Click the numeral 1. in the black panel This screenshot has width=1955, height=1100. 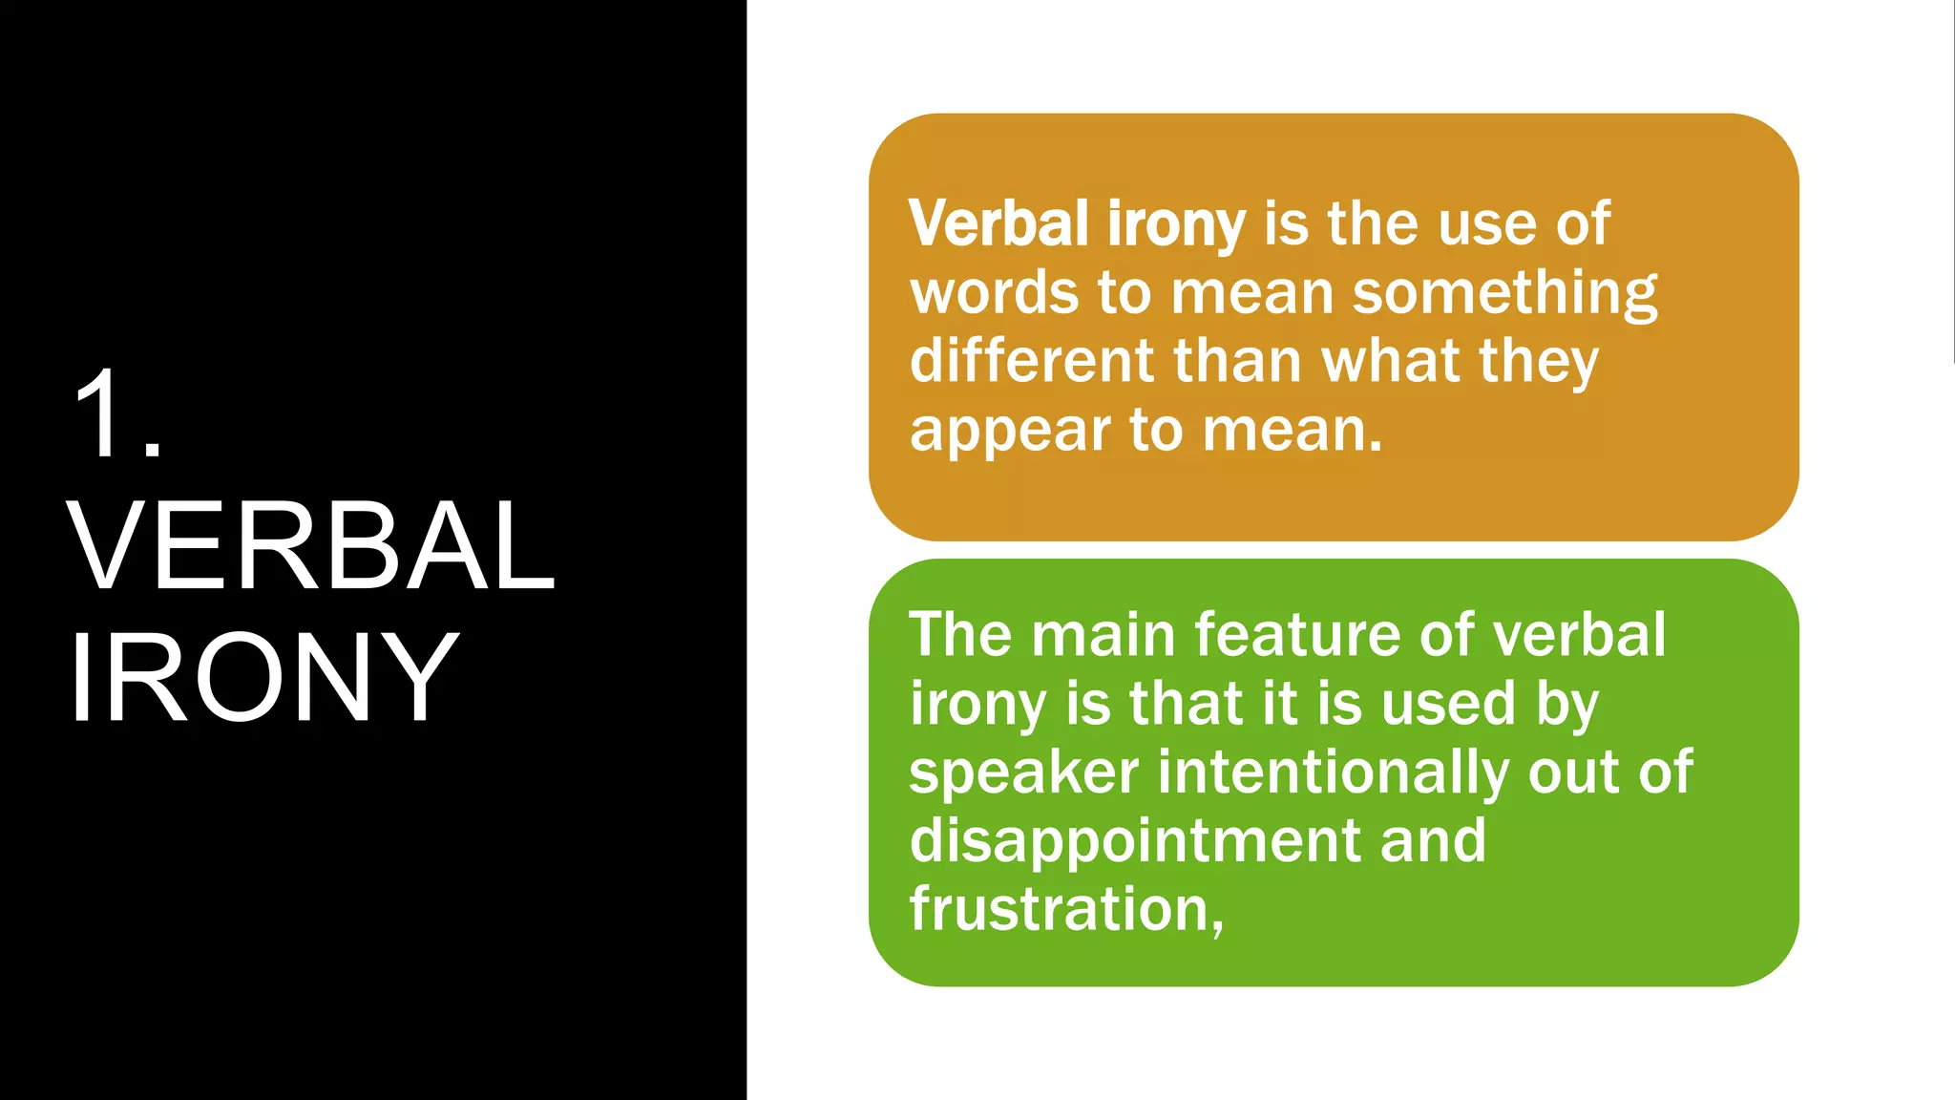pyautogui.click(x=117, y=412)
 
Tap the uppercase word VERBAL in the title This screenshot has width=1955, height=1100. pyautogui.click(x=310, y=545)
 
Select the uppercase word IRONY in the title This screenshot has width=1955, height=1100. pyautogui.click(x=263, y=677)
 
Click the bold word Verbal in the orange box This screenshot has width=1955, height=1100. pyautogui.click(x=999, y=223)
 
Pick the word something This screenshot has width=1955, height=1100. pyautogui.click(x=1505, y=294)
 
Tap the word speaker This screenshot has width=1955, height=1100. pyautogui.click(x=1023, y=772)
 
